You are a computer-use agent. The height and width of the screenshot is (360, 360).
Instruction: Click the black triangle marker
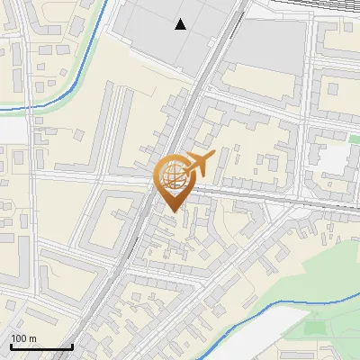point(181,24)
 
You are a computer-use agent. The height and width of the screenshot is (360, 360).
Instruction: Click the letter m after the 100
point(33,338)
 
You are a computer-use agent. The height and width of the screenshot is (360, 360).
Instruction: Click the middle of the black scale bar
point(41,346)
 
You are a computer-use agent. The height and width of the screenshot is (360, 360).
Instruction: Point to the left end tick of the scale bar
point(11,346)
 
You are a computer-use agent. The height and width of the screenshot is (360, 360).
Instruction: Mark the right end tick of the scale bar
point(72,346)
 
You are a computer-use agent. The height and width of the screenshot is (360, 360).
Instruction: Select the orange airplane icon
point(200,164)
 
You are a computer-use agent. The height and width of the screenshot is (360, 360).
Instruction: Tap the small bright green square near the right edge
point(355,139)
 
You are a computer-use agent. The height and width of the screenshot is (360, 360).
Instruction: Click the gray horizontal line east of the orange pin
point(270,196)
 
